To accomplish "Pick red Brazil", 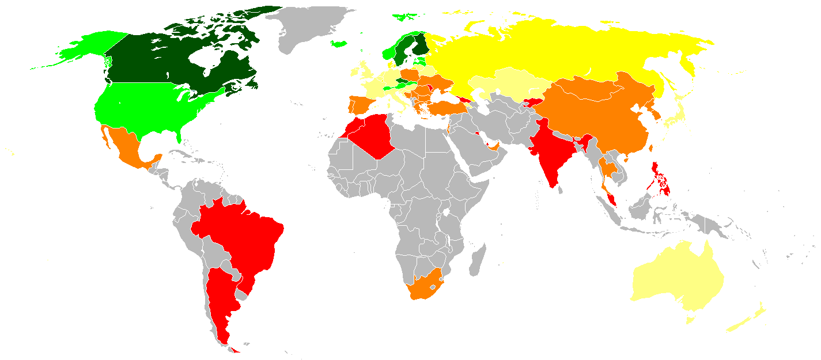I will (242, 230).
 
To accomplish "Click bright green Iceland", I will (339, 44).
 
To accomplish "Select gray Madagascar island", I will (478, 259).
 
